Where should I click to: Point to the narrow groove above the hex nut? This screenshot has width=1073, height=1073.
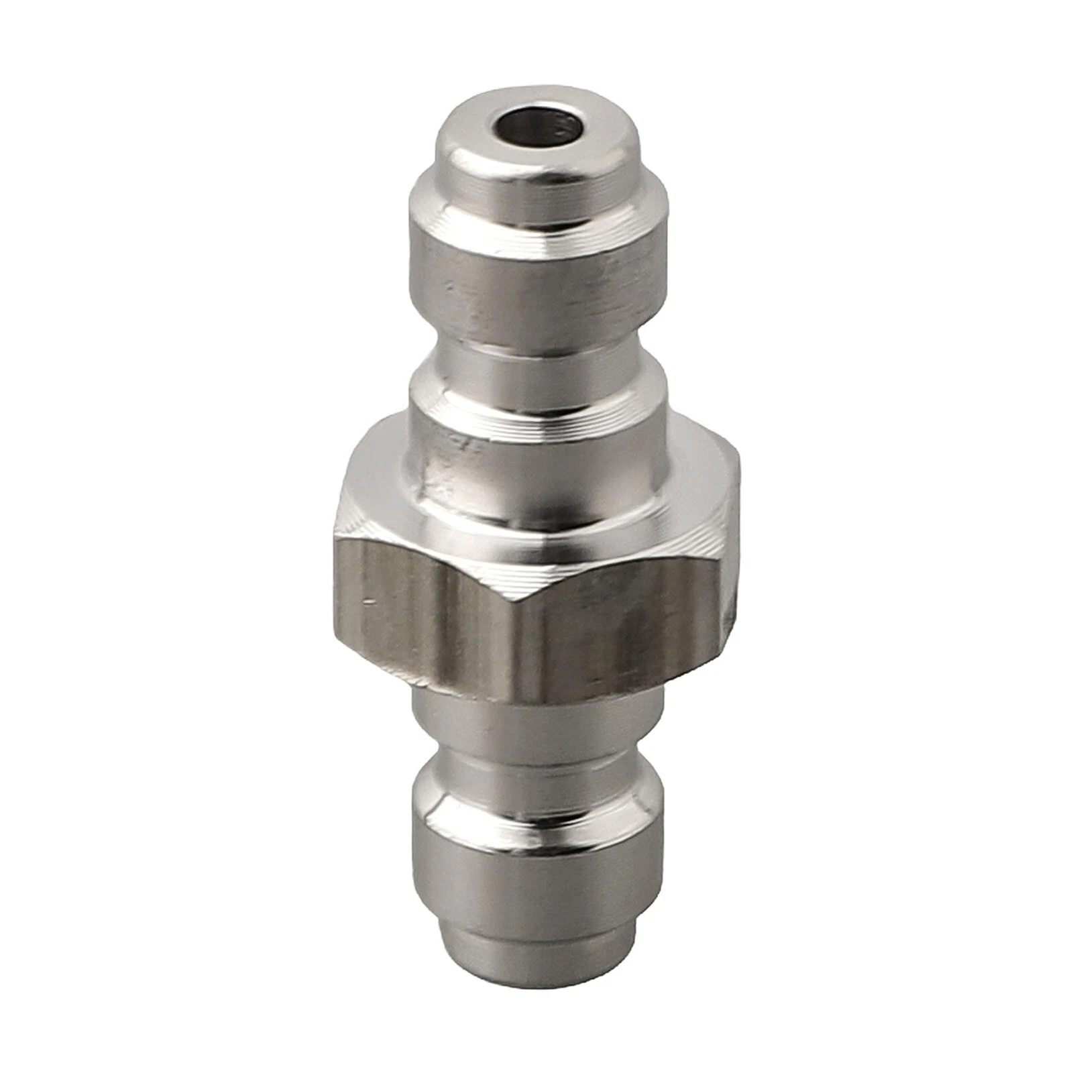click(x=536, y=365)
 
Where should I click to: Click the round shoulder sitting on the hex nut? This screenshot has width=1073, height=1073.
click(x=536, y=463)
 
